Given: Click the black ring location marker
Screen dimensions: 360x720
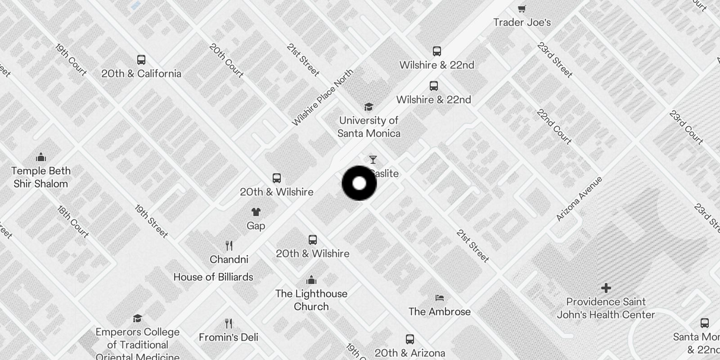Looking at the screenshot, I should (359, 183).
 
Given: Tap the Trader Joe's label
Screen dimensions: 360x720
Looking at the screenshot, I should (522, 22).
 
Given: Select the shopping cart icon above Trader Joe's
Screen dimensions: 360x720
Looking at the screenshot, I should (522, 9).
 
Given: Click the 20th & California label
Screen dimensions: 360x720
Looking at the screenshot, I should (141, 74).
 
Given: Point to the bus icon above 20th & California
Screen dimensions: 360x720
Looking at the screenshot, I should (141, 60).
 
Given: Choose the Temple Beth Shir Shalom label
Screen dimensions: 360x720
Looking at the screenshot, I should (41, 177).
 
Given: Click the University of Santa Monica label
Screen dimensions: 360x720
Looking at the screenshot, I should (369, 127).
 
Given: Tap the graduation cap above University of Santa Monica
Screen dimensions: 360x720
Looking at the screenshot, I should (369, 107).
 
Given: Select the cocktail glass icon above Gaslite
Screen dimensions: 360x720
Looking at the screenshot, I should (373, 160).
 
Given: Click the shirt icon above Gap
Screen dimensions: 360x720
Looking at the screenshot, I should (256, 212).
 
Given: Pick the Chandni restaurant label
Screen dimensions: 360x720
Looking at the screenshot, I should (229, 260).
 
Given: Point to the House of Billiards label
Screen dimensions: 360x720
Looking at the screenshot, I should (213, 277).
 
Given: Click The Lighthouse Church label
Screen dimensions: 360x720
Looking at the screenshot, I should (311, 300).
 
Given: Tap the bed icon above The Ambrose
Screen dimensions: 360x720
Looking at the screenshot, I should (440, 298).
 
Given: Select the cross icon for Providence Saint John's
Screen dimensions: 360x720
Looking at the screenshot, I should (606, 288).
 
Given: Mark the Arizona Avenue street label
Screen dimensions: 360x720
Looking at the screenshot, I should (579, 199).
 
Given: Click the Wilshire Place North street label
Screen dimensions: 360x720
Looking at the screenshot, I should (323, 98).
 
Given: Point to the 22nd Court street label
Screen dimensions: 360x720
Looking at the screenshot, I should (554, 127).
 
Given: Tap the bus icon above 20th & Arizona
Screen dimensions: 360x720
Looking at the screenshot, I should (409, 339).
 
